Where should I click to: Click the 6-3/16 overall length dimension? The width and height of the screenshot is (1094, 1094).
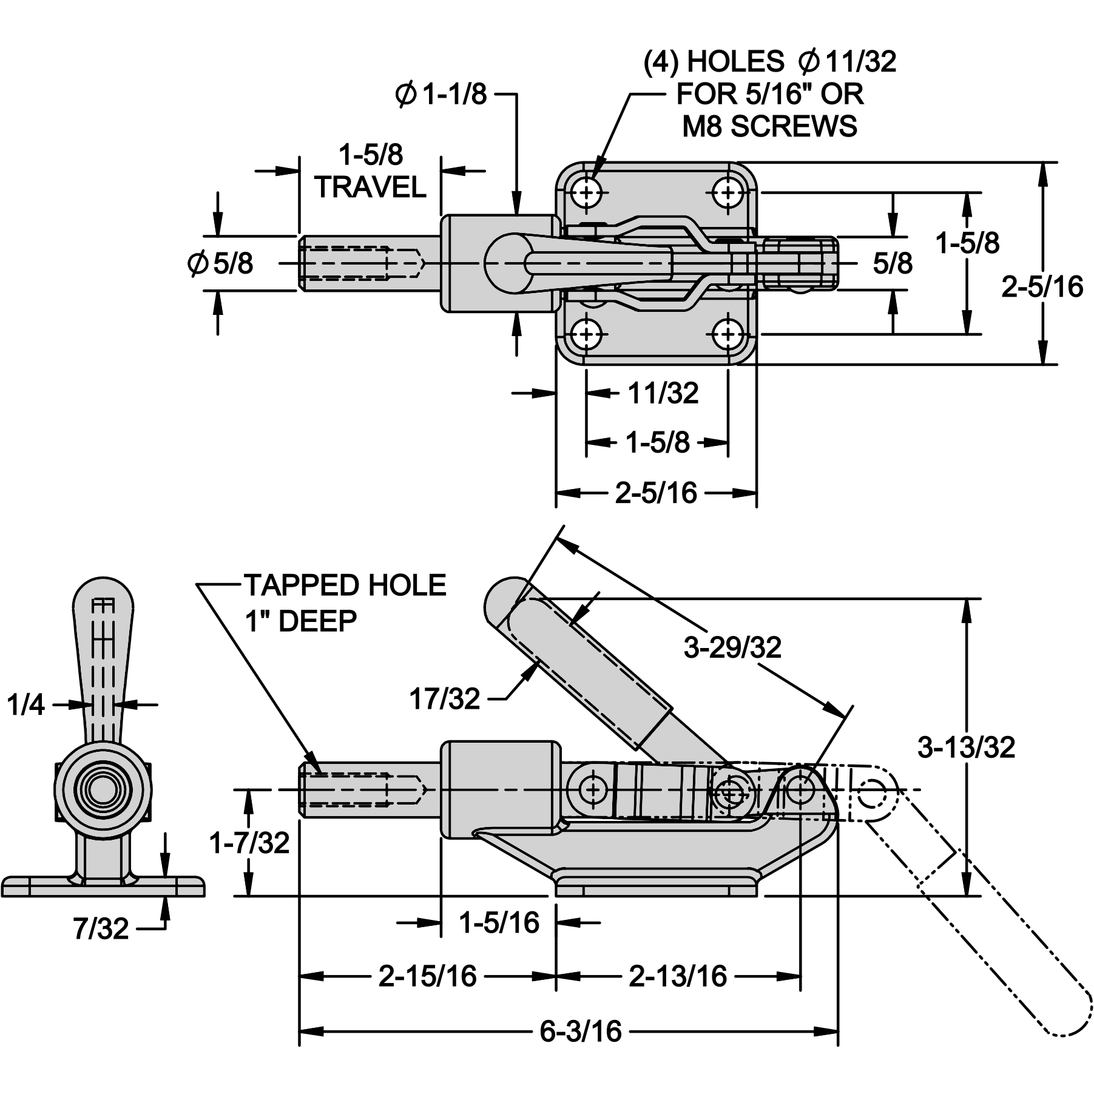coord(581,1031)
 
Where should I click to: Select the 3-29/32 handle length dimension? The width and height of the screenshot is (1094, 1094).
coord(732,648)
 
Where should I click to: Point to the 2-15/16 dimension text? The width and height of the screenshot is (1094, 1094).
coord(428,976)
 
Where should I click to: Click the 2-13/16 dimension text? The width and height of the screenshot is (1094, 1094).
coord(678,976)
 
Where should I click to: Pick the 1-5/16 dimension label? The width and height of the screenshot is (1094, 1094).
coord(499,923)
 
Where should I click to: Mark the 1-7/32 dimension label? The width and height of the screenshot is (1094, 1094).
coord(249,843)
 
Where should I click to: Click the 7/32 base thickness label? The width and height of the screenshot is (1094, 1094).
coord(101,929)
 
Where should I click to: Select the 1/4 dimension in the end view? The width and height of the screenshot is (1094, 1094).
coord(26,705)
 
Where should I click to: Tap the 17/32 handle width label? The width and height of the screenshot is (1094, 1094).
coord(445,699)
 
